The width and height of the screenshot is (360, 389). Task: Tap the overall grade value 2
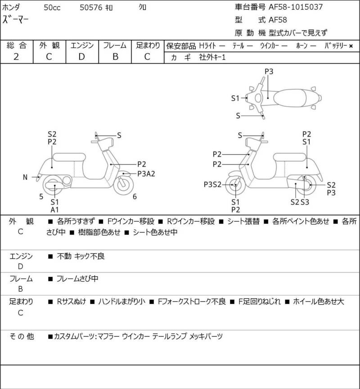16,57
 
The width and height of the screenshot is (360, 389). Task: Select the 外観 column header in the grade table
49,45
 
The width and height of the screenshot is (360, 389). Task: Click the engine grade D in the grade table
81,57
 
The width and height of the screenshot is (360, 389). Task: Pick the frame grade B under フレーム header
115,57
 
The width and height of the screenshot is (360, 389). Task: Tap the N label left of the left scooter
25,177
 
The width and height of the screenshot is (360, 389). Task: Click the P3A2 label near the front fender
146,174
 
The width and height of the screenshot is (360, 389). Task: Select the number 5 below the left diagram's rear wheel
41,196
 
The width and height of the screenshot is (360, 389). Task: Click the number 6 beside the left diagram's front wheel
135,196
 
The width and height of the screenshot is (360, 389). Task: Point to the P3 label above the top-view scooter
269,71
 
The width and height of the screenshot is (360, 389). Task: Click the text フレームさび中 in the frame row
77,279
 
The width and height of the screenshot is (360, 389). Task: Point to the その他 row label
22,336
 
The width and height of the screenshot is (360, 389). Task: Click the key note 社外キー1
212,58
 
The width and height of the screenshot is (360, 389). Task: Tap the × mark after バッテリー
351,46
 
